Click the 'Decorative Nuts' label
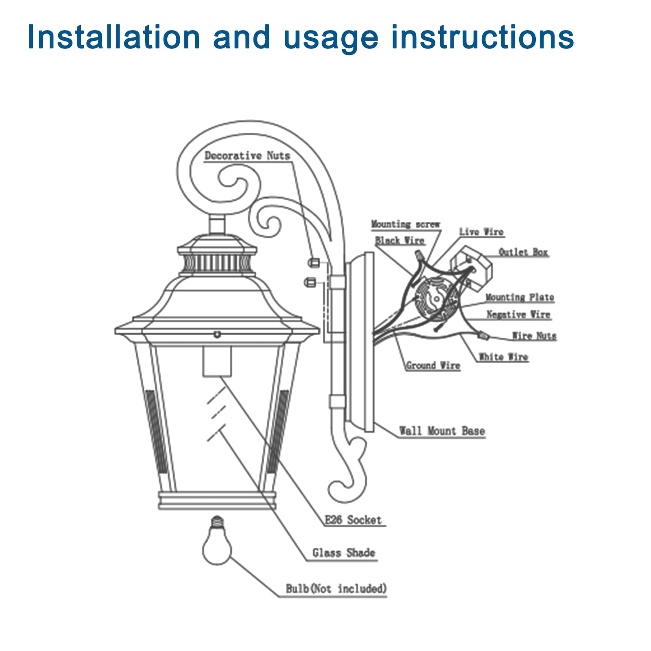pos(247,155)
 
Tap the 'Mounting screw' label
pos(405,224)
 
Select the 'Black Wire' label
pos(400,240)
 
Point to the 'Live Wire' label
pos(481,232)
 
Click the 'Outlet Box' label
pos(523,252)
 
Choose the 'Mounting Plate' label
pos(520,297)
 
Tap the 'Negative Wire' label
pos(518,315)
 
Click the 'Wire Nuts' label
pos(533,336)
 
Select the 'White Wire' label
pos(503,357)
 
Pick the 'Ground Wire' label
pos(433,365)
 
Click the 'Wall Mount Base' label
pos(442,431)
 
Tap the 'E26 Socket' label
pos(353,520)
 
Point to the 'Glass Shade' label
pos(343,553)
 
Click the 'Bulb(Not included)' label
pos(336,589)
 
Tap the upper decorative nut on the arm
pos(313,262)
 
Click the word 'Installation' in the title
pos(114,37)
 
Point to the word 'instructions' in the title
pos(482,37)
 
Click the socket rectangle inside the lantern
pos(217,361)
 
